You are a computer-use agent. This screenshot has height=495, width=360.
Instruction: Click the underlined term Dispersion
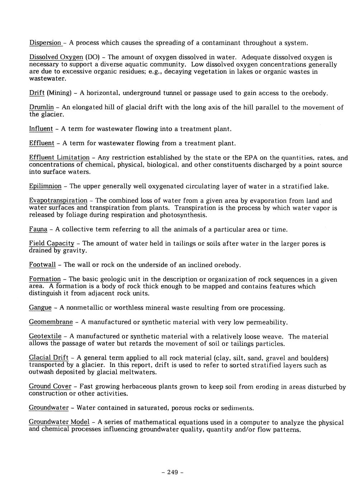[x=45, y=43]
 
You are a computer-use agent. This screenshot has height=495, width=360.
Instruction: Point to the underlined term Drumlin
[x=41, y=108]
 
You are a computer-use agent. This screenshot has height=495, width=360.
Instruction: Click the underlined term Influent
[x=41, y=129]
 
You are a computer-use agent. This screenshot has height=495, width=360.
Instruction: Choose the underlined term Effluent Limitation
[x=59, y=157]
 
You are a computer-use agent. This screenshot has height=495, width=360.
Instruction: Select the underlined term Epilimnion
[x=45, y=187]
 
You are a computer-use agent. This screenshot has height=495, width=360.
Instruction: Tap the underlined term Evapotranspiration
[x=58, y=201]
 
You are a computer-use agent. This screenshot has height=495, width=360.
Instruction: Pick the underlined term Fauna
[x=38, y=229]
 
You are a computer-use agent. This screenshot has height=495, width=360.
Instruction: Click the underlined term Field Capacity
[x=52, y=244]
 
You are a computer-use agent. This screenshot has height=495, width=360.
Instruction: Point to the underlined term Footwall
[x=42, y=265]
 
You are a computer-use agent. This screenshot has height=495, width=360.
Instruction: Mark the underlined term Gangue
[x=40, y=308]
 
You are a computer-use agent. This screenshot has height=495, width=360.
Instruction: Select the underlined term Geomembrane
[x=51, y=322]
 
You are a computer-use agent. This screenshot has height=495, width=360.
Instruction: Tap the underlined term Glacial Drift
[x=49, y=358]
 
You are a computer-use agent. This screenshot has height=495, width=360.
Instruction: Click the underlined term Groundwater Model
[x=59, y=422]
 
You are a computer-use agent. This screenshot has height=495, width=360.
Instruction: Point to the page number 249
[x=172, y=472]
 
